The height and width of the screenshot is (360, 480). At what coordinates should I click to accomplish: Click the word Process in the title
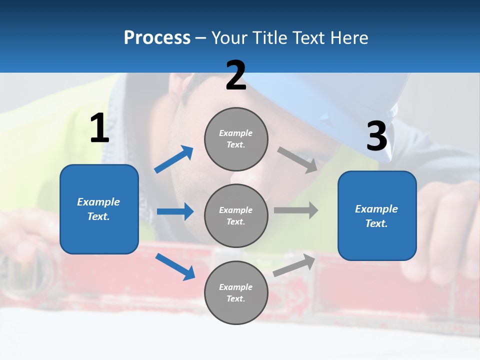coord(157,38)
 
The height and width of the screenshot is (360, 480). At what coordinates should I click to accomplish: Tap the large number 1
coord(99,128)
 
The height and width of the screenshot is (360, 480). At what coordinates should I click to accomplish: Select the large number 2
coord(236,75)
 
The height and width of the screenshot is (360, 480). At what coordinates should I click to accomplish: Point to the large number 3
coord(376,136)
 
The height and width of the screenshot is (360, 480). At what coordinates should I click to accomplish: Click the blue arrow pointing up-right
coord(174,159)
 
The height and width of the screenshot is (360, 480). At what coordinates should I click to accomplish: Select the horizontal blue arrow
coord(175,211)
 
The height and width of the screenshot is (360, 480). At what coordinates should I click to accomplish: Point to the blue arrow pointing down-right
coord(175,266)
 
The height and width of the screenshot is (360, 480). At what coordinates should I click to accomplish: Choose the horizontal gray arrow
coord(296,210)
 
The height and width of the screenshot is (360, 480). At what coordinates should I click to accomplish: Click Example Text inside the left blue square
coord(98,209)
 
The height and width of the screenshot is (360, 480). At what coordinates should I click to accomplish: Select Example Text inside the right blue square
coord(376,216)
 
